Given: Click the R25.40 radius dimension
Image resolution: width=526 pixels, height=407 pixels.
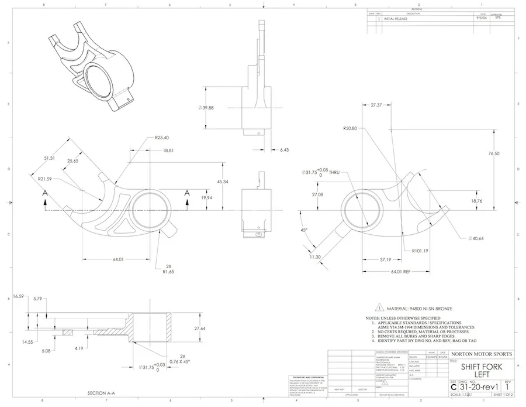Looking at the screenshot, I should tap(162, 138).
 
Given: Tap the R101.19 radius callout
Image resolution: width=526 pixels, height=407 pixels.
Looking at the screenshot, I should tap(421, 251).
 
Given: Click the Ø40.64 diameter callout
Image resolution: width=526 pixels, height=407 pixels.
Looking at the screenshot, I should tap(477, 238).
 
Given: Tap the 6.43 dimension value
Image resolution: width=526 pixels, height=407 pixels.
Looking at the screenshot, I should tap(285, 150).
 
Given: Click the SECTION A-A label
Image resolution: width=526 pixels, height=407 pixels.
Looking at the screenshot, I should tap(105, 393).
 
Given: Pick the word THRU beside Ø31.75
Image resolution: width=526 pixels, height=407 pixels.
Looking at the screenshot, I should tap(334, 173).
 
